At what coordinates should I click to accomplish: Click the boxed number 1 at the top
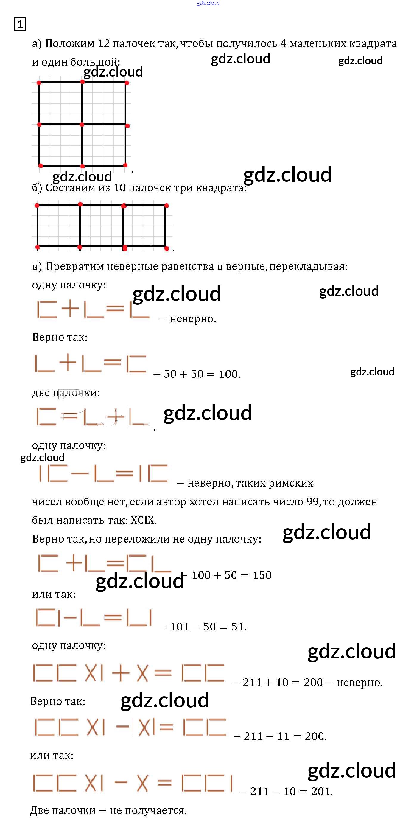pyautogui.click(x=20, y=24)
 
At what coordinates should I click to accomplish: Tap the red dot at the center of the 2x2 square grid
pyautogui.click(x=82, y=125)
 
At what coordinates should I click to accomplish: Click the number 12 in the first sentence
pyautogui.click(x=104, y=43)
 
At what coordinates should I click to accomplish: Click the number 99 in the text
pyautogui.click(x=312, y=502)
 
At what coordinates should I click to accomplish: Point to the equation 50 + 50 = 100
pyautogui.click(x=202, y=374)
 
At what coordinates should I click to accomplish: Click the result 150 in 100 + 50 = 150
pyautogui.click(x=262, y=575)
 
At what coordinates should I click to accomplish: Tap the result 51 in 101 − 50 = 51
pyautogui.click(x=238, y=627)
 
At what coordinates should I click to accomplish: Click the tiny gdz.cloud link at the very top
pyautogui.click(x=208, y=3)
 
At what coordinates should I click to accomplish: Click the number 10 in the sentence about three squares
pyautogui.click(x=120, y=188)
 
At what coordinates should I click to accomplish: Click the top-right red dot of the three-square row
pyautogui.click(x=166, y=206)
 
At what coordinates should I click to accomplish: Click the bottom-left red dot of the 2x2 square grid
pyautogui.click(x=41, y=166)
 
